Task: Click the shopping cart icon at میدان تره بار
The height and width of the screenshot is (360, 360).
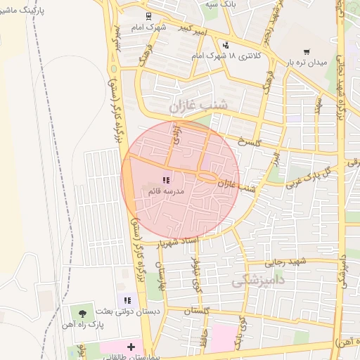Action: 307,51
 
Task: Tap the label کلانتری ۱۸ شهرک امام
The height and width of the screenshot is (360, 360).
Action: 226,56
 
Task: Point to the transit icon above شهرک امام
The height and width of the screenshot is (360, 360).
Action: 148,16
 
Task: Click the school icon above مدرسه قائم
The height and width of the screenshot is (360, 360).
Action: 166,181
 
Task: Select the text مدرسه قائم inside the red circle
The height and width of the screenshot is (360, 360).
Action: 167,191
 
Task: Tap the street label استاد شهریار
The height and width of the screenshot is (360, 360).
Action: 184,243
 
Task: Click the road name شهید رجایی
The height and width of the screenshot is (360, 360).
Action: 286,262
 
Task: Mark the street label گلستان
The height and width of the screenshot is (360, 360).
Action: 198,310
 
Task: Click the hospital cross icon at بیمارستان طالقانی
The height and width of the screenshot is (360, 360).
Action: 131,347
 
